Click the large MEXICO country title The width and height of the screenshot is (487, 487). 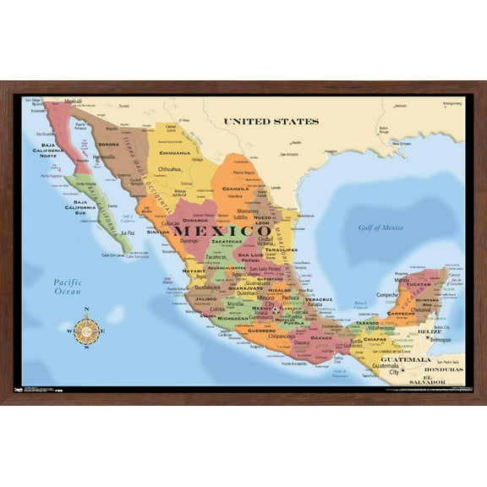pyautogui.click(x=211, y=231)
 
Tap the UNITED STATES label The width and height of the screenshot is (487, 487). pyautogui.click(x=271, y=122)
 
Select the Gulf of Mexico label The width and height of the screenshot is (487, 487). pyautogui.click(x=380, y=227)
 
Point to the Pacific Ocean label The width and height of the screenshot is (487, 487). pyautogui.click(x=67, y=287)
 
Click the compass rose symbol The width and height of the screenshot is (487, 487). pyautogui.click(x=86, y=331)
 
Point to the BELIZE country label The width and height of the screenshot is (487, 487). pyautogui.click(x=430, y=332)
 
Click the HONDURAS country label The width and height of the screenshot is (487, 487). pyautogui.click(x=443, y=369)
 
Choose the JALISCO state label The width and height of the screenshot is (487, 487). pyautogui.click(x=205, y=298)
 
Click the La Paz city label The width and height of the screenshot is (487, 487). pyautogui.click(x=128, y=233)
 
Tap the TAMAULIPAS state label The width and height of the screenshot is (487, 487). pyautogui.click(x=280, y=250)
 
